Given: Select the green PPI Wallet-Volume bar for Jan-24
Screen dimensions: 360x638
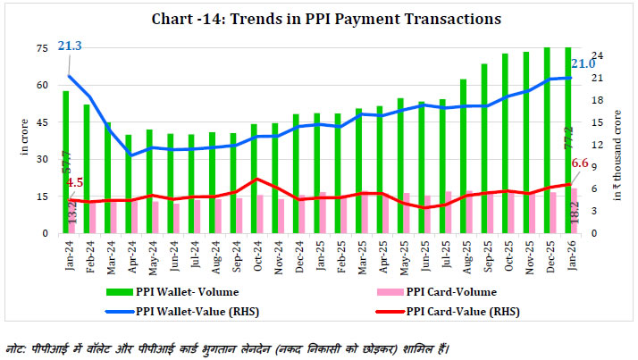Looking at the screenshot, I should pos(65,161).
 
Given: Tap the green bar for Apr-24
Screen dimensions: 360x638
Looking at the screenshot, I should pos(129,183).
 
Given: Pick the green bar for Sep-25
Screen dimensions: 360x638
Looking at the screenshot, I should pos(484,147).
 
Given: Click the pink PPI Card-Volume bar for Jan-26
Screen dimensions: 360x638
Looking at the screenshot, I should pos(575,211).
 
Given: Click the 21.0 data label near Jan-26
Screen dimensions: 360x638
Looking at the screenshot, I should pos(582,63).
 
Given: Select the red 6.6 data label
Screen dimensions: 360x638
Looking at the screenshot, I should pos(579,163).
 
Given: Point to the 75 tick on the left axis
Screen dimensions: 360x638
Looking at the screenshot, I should pos(42,48).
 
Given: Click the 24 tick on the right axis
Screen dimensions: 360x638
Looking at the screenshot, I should pos(597,55).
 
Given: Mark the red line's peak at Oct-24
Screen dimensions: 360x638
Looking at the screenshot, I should pos(256,180).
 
